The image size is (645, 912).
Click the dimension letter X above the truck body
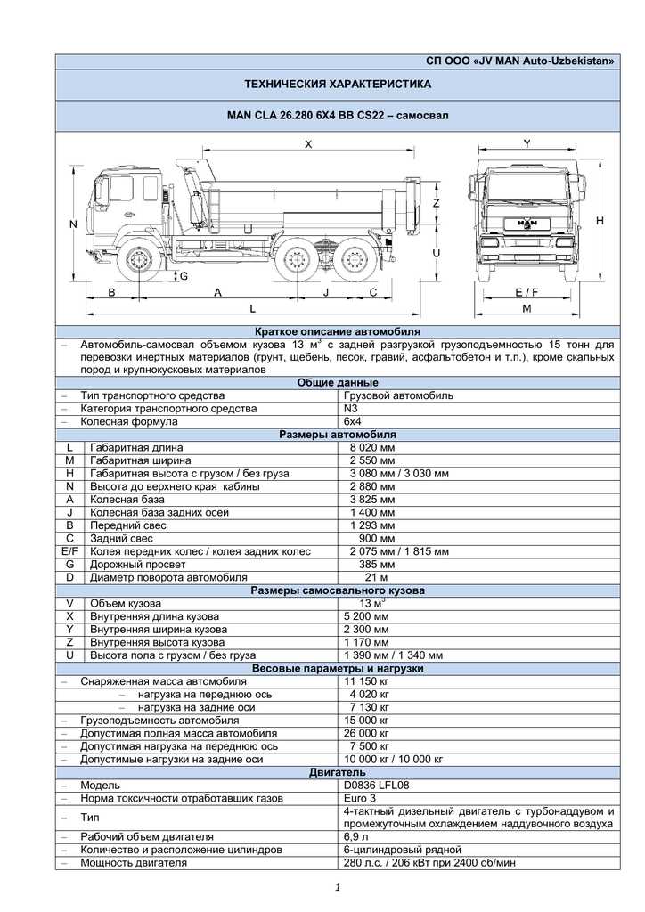pos(308,143)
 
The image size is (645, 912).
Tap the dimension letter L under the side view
pos(253,308)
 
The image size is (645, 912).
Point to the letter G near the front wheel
pos(184,277)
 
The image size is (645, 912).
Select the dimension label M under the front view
pos(527,308)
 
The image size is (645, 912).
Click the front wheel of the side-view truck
pos(140,261)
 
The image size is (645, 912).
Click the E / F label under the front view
pos(527,292)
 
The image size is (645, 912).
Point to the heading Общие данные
pos(334,382)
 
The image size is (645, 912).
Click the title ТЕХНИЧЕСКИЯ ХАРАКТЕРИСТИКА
pos(338,85)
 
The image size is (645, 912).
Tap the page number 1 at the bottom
pos(339,887)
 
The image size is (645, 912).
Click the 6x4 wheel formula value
pos(353,421)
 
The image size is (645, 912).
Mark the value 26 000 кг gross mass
pos(367,733)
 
